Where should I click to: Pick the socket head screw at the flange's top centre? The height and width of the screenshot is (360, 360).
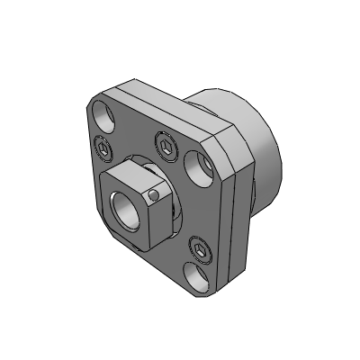(x=166, y=143)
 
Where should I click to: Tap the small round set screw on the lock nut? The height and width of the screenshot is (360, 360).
(x=155, y=193)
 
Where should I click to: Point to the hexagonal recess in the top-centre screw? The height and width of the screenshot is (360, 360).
(x=166, y=143)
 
